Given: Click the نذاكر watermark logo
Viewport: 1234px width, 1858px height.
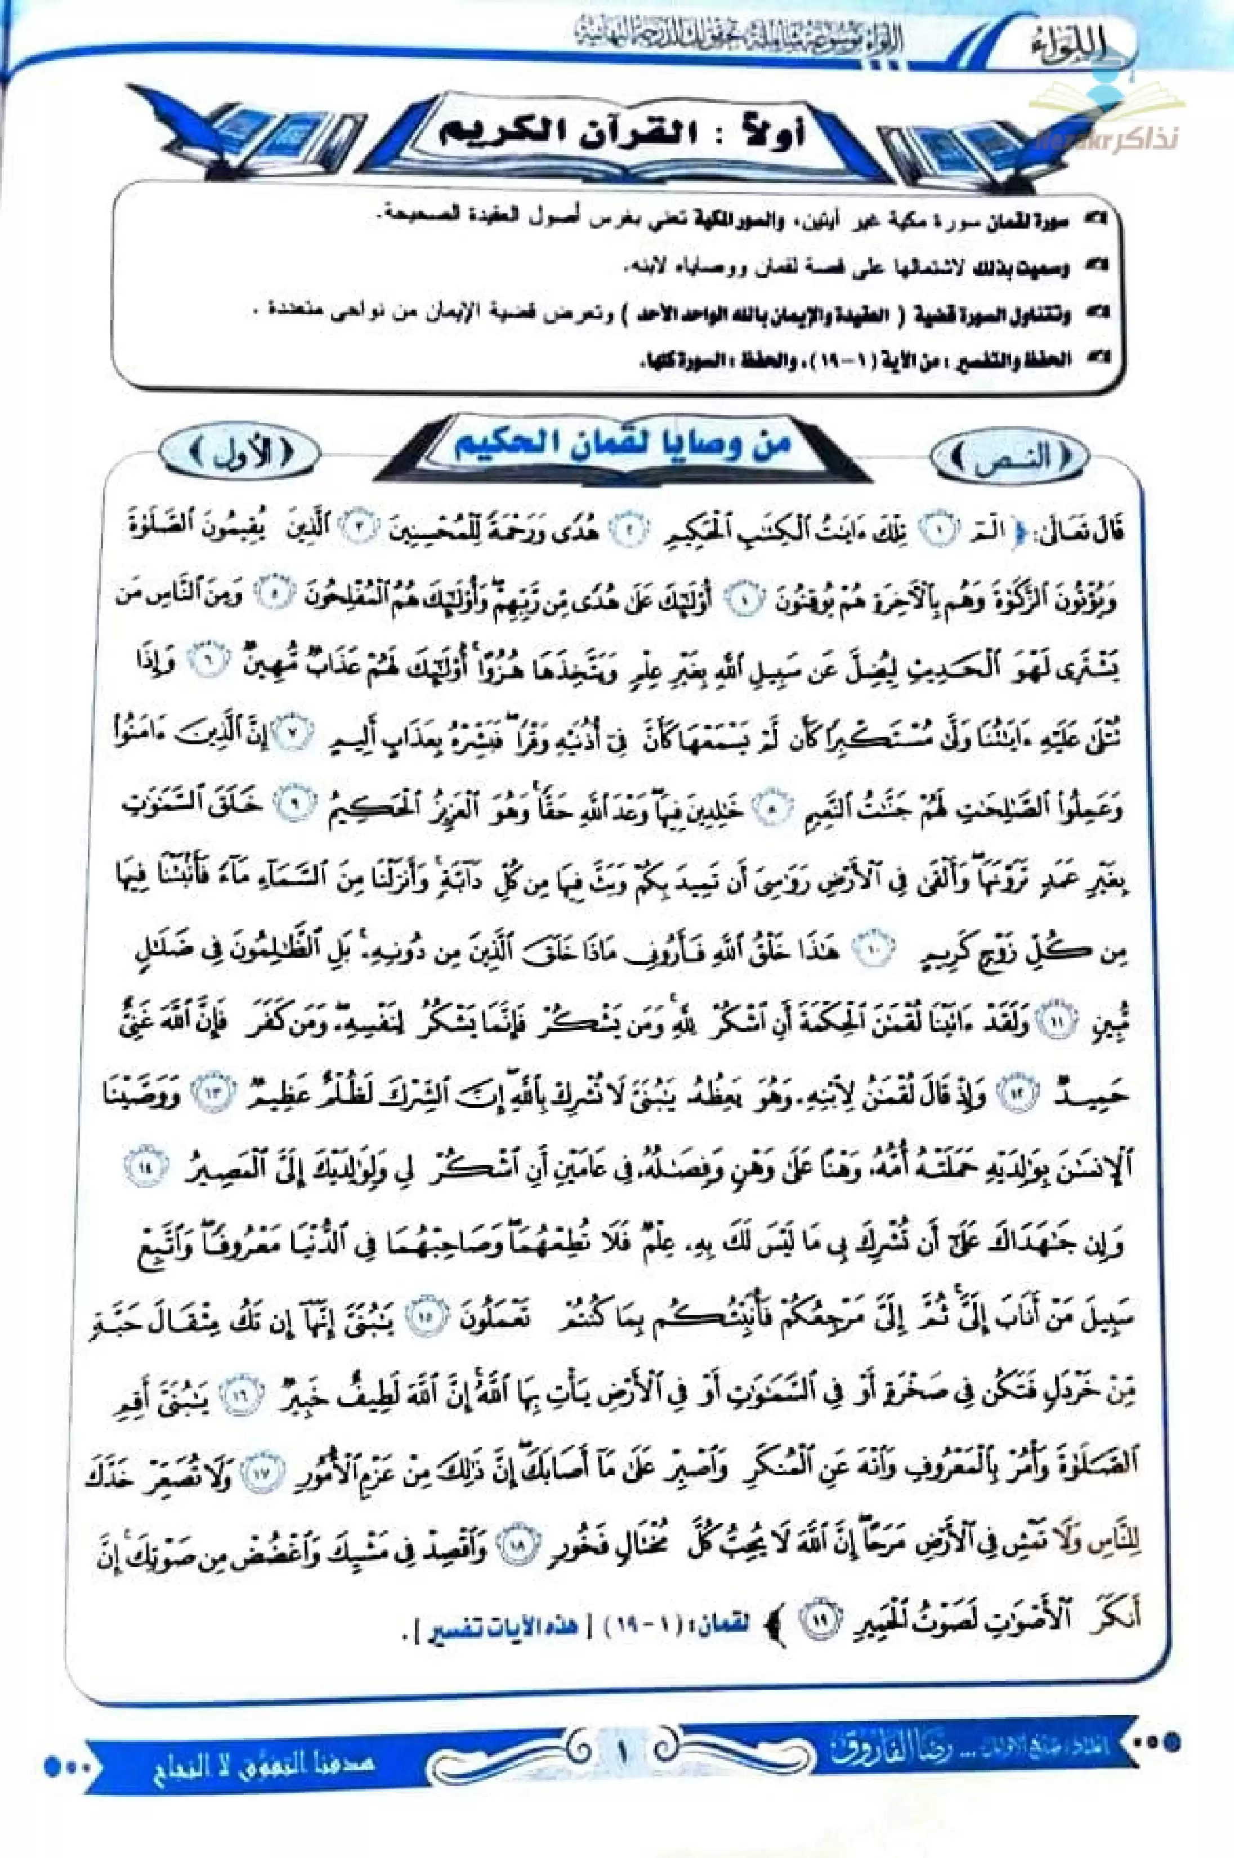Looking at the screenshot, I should coord(1109,118).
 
